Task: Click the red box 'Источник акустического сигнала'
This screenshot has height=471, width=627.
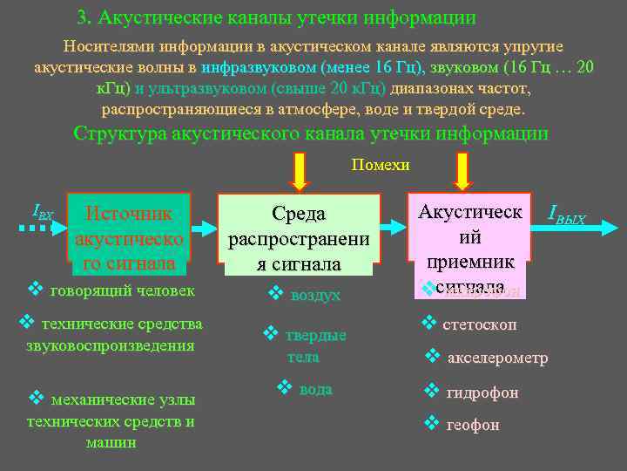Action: tap(129, 236)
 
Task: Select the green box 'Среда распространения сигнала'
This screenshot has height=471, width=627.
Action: tap(299, 238)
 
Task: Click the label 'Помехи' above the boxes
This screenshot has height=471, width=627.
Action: tap(380, 164)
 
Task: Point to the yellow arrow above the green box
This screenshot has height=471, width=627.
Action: tap(299, 171)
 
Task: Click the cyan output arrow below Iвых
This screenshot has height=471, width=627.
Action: tap(565, 229)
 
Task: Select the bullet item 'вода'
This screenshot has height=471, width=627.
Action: tap(314, 389)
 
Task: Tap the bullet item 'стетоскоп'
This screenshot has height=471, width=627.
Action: tap(479, 324)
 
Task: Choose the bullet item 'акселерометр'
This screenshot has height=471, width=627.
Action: tap(496, 358)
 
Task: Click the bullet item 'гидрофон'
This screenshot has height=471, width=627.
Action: tap(481, 392)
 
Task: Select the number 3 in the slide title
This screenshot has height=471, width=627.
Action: tap(82, 17)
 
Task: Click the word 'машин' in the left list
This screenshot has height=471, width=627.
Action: tap(111, 442)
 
